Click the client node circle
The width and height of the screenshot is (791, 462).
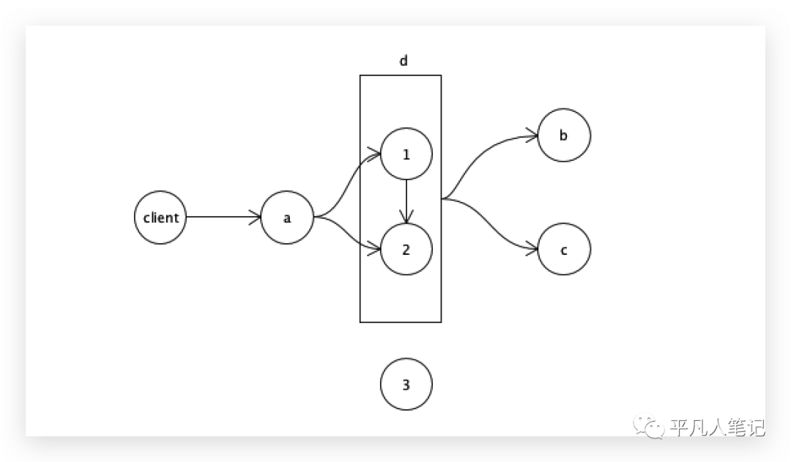[x=161, y=217]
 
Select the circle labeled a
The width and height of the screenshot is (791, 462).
[x=287, y=217]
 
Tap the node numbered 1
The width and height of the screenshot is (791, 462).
[x=406, y=154]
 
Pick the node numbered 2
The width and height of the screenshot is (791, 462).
[x=406, y=249]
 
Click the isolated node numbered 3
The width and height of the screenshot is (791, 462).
[x=406, y=384]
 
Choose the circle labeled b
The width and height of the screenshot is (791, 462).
[x=563, y=135]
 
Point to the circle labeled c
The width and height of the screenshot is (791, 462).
[x=563, y=249]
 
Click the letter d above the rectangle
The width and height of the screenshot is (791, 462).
[x=403, y=61]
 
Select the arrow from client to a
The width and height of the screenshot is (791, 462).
[x=223, y=217]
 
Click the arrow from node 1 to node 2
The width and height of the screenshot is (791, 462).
[x=406, y=201]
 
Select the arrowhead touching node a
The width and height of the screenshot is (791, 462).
[x=256, y=217]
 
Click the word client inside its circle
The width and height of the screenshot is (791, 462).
[x=161, y=217]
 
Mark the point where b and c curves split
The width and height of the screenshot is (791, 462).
[x=444, y=198]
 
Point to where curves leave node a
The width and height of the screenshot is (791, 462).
[x=315, y=217]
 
